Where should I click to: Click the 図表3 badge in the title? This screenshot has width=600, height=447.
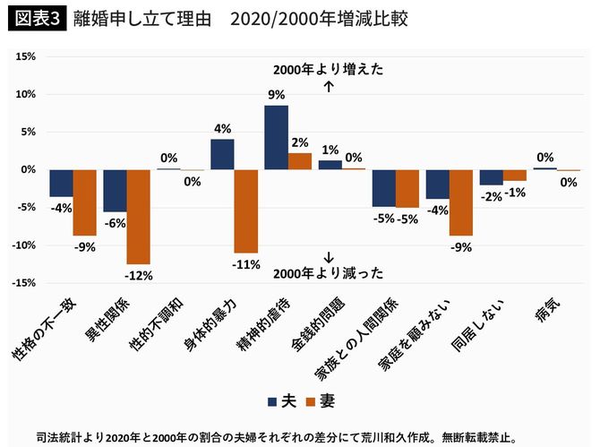[x=37, y=19]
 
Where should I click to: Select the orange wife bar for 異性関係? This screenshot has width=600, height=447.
[x=138, y=216]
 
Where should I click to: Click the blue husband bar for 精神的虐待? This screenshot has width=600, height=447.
[x=276, y=137]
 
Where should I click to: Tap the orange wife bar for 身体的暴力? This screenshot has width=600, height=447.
[x=245, y=211]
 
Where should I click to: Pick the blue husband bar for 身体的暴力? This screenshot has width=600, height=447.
[x=222, y=154]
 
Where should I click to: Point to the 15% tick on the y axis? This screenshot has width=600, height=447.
[x=24, y=56]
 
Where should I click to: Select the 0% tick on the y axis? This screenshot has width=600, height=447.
[x=28, y=169]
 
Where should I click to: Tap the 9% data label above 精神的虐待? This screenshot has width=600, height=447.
[x=276, y=94]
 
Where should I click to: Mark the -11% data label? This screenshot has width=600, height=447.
[x=246, y=264]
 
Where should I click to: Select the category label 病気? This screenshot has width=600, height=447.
[x=548, y=310]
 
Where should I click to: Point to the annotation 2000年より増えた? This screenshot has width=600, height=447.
[x=329, y=71]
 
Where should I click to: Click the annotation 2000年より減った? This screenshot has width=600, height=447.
[x=329, y=272]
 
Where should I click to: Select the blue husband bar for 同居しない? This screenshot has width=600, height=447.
[x=491, y=177]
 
